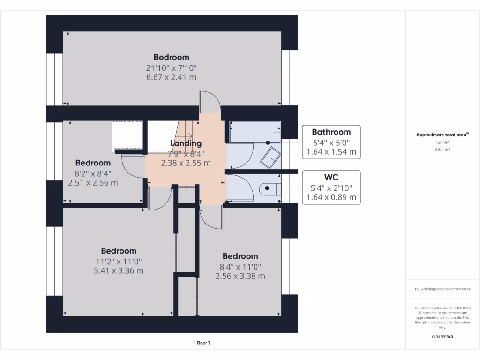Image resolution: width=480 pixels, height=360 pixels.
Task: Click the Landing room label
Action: pyautogui.click(x=186, y=143)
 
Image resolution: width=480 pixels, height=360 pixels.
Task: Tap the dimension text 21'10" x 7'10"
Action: pyautogui.click(x=172, y=67)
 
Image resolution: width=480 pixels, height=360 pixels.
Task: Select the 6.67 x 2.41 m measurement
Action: pyautogui.click(x=172, y=77)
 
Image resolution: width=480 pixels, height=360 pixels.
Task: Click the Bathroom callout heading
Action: pyautogui.click(x=331, y=132)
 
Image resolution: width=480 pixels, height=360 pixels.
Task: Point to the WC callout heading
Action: pyautogui.click(x=331, y=177)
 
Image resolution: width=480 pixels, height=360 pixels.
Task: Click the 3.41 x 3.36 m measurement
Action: pyautogui.click(x=119, y=270)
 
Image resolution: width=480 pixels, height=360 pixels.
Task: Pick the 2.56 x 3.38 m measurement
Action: pyautogui.click(x=240, y=276)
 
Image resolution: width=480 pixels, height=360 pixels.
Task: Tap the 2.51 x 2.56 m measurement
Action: pyautogui.click(x=93, y=183)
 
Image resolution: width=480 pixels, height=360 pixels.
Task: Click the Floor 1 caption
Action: pyautogui.click(x=203, y=343)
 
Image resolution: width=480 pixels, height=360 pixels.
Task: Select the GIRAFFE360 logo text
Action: pyautogui.click(x=442, y=337)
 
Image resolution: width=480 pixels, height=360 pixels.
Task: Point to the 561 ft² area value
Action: pyautogui.click(x=442, y=143)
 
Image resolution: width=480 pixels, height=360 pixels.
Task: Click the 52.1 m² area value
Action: pyautogui.click(x=442, y=150)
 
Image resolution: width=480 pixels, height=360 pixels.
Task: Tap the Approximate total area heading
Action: pyautogui.click(x=442, y=135)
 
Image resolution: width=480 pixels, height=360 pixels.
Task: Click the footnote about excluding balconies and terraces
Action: pyautogui.click(x=442, y=289)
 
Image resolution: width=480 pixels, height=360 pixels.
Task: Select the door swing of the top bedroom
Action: pyautogui.click(x=209, y=101)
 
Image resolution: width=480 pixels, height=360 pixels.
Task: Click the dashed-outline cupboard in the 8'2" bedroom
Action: pyautogui.click(x=127, y=136)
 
